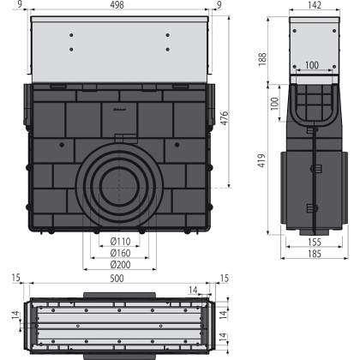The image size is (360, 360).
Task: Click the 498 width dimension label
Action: click(117, 5)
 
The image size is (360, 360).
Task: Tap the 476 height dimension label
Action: click(225, 118)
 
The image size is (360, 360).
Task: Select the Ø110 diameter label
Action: click(121, 242)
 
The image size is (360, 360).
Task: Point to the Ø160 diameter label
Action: click(121, 253)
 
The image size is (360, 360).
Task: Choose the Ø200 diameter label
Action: click(121, 265)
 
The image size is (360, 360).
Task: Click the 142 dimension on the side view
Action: click(315, 5)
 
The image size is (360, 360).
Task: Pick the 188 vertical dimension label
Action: click(262, 59)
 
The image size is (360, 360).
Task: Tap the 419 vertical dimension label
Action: click(261, 160)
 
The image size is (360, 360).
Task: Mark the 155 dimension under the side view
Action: click(315, 243)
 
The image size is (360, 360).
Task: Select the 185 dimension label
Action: click(315, 254)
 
